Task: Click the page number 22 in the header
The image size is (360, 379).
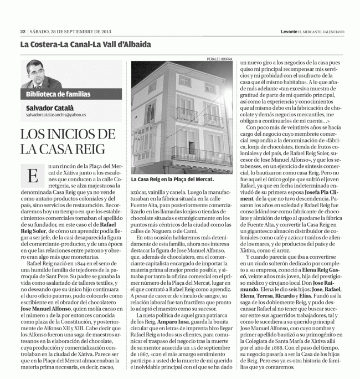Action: click(23, 32)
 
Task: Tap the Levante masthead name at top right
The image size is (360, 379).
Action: click(289, 32)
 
